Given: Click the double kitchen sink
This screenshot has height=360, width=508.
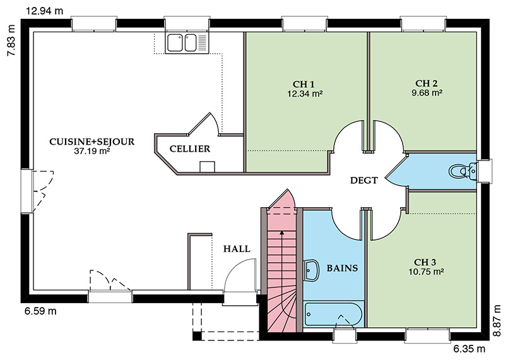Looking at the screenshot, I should pos(182,44).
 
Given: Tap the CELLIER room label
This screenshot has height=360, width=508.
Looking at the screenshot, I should pos(189,149).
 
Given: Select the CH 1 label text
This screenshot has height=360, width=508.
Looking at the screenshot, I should pos(304,84).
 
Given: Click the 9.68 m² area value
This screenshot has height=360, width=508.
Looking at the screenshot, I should pos(427,92).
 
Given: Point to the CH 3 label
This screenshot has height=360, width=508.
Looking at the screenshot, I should pos(425,262).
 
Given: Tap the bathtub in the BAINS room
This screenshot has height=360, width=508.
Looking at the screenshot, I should pos(333,313).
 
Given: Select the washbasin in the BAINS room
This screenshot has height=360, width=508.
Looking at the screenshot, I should pos(312,270).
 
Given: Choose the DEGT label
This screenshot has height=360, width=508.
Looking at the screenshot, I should pos(363,181).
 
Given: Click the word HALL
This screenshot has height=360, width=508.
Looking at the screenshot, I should pos(237,249).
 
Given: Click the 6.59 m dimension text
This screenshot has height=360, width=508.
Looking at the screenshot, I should pos(40,311).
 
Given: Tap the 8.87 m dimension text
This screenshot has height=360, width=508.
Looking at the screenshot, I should pos(497,320).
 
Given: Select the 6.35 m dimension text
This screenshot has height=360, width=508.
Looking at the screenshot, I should pos(469,349).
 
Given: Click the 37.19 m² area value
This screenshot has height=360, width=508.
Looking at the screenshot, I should pos(92,152).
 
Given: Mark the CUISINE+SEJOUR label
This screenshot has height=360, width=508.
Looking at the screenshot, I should pos(92,142).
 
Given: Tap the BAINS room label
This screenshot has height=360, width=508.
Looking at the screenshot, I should pos(342,268).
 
